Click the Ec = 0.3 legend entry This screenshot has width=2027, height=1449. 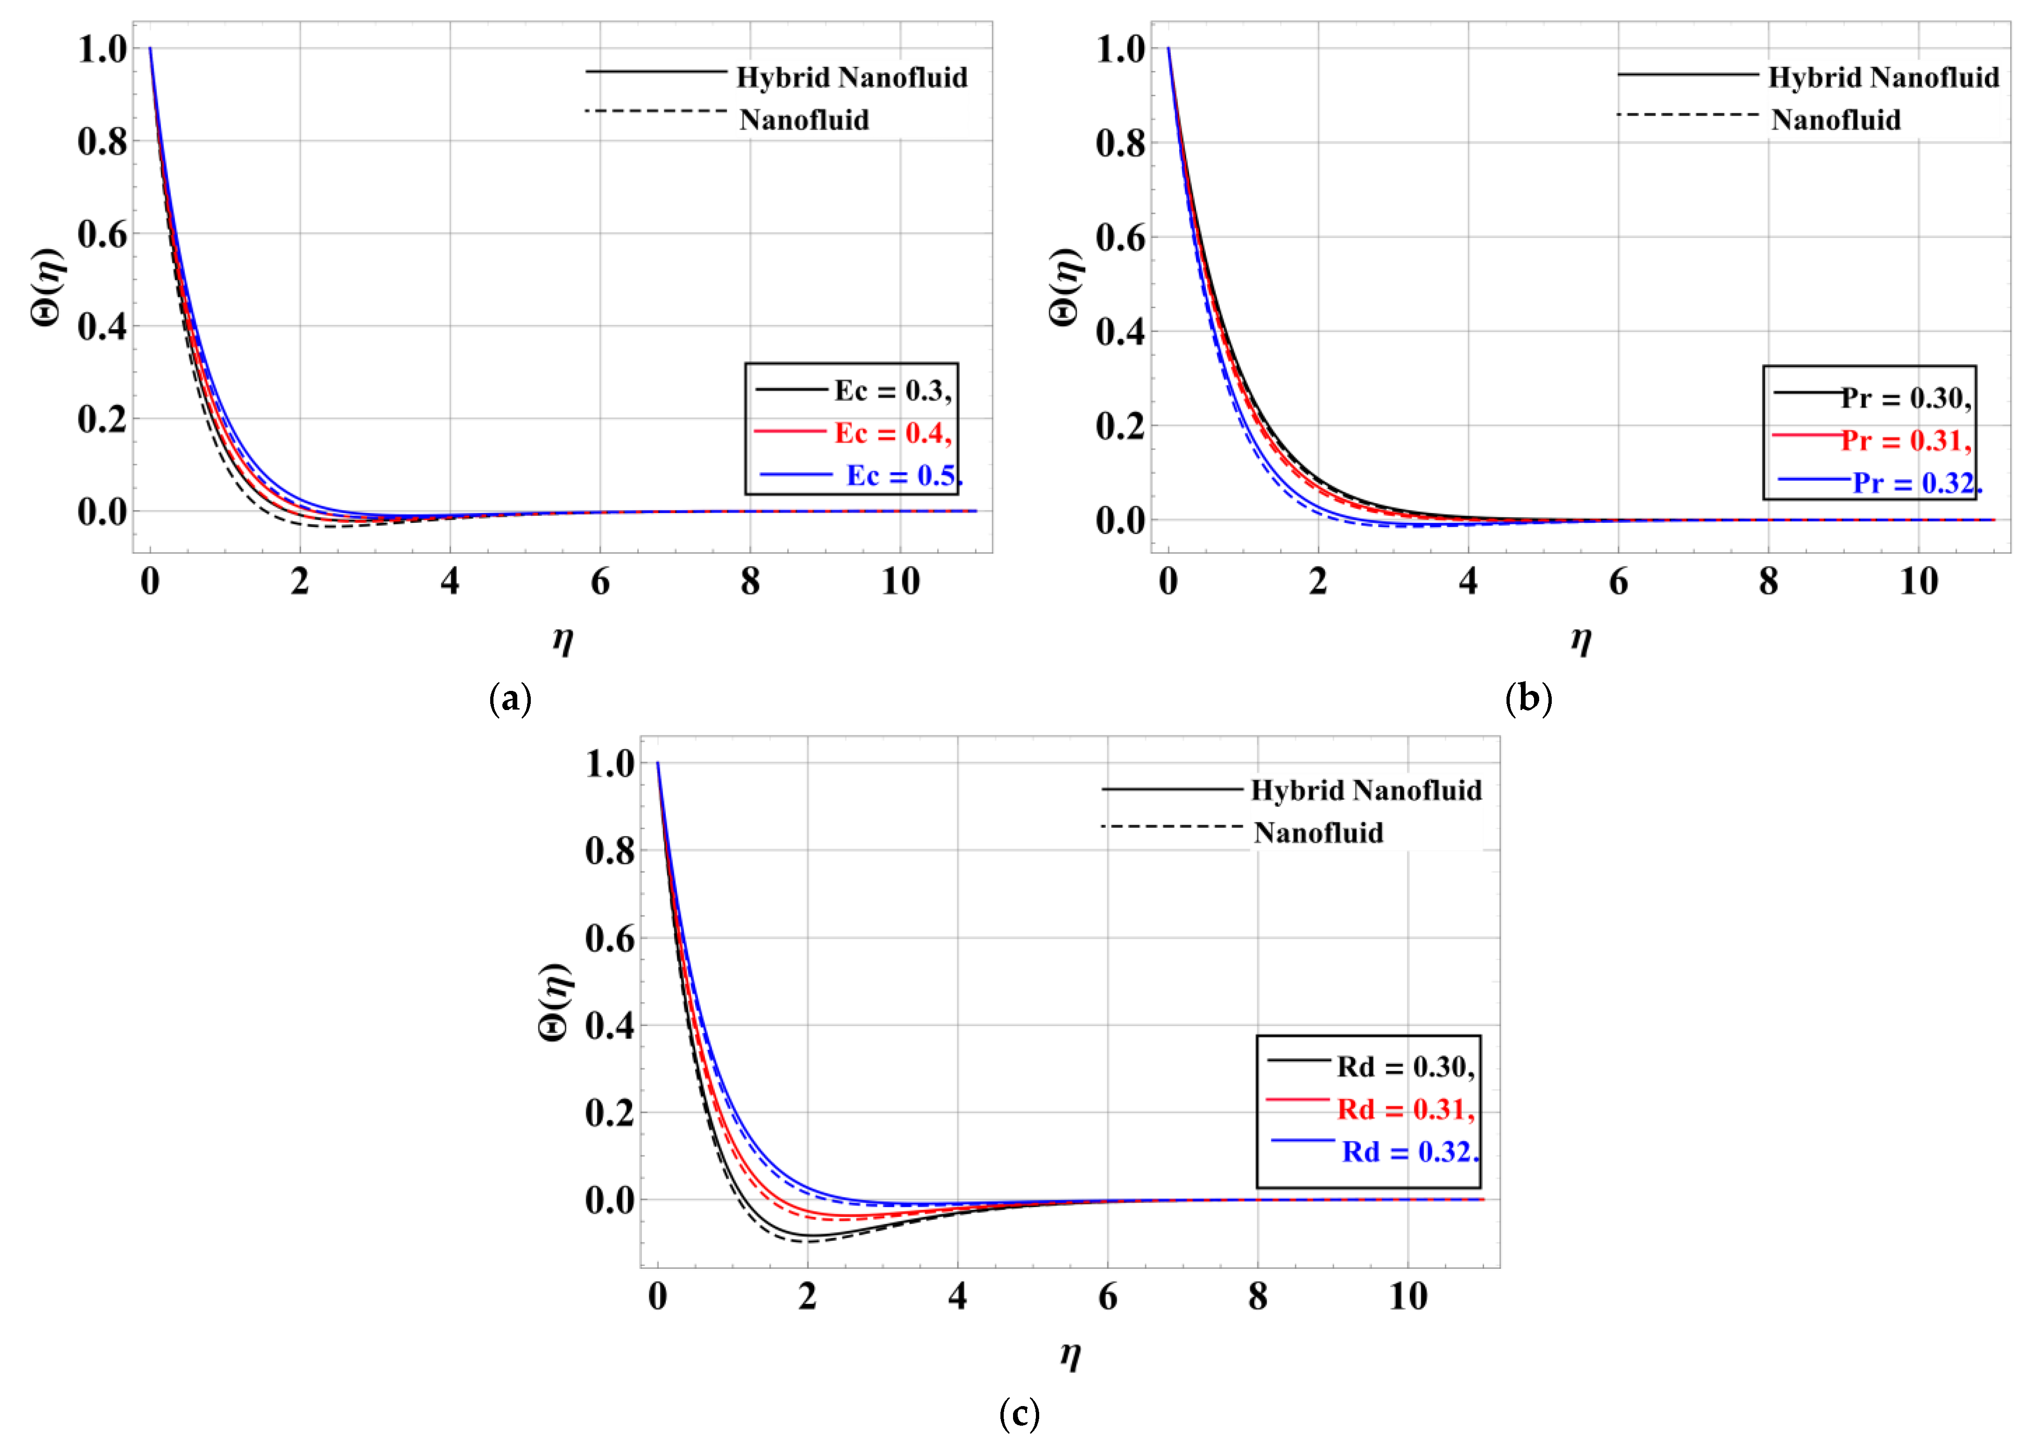pos(892,391)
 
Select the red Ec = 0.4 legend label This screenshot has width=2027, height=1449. pos(892,434)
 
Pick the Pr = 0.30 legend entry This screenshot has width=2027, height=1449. pos(1906,398)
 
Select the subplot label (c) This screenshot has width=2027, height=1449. pos(1019,1414)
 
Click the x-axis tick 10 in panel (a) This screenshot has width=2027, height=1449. pos(900,582)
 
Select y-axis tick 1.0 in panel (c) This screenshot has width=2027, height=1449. pos(610,764)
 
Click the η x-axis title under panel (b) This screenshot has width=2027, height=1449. pos(1580,640)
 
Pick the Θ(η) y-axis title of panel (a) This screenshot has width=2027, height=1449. pos(49,287)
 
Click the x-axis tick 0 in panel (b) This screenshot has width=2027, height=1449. pos(1168,582)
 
